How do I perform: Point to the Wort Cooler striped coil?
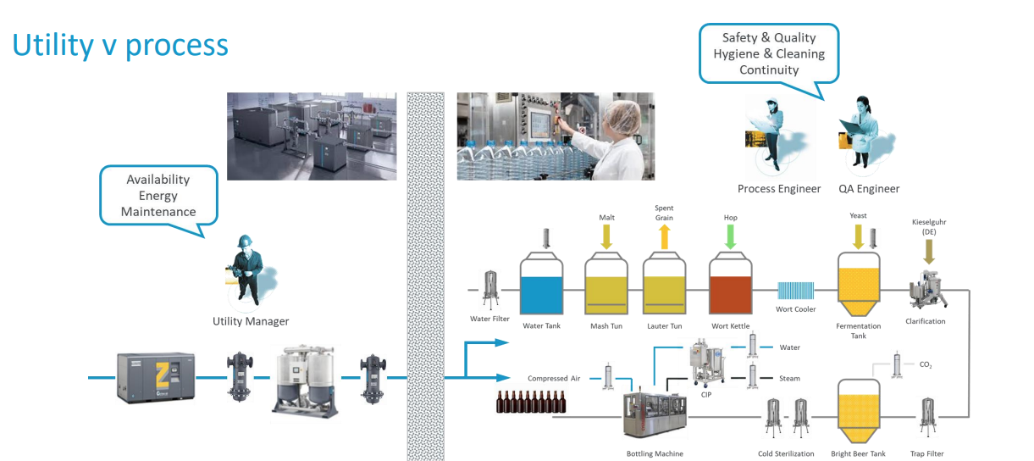click(795, 291)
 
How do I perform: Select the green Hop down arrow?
click(730, 239)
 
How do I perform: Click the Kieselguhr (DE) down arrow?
click(929, 252)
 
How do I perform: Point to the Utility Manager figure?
click(249, 269)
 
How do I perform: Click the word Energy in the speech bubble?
click(158, 195)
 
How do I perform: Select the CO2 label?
click(926, 364)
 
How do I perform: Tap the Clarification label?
click(926, 322)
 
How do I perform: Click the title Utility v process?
click(120, 44)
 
